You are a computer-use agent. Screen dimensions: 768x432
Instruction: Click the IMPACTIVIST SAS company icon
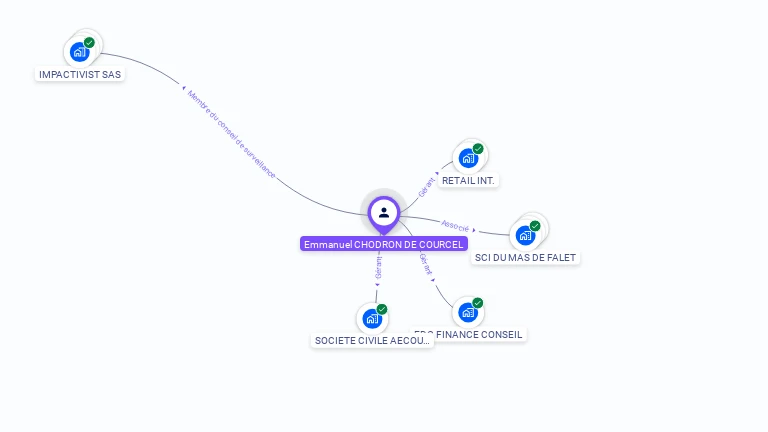[x=80, y=52]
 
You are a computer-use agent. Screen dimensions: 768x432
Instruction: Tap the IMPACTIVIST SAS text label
[x=80, y=74]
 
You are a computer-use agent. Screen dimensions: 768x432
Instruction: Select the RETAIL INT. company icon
[x=468, y=158]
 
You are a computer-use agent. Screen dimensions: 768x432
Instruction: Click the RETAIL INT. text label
[x=469, y=181]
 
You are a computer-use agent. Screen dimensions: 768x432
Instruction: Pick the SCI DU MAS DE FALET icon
[x=525, y=235]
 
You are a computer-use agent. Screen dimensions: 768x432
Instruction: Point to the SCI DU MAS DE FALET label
[x=526, y=257]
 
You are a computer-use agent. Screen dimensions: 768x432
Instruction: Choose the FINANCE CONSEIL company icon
[x=467, y=312]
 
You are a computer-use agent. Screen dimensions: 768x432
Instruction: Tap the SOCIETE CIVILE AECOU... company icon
[x=372, y=319]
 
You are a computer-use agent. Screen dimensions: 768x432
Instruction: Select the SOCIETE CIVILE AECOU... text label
[x=372, y=340]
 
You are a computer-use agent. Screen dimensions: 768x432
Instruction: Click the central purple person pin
[x=384, y=212]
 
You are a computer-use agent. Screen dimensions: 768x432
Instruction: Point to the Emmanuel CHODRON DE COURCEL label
[x=384, y=244]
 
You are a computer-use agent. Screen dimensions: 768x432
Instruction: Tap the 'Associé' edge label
[x=455, y=226]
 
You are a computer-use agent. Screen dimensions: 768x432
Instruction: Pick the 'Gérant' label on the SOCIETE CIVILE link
[x=378, y=267]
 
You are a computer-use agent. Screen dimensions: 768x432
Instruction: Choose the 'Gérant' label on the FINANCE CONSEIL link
[x=426, y=264]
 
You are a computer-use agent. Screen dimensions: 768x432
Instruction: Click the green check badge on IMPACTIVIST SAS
[x=90, y=42]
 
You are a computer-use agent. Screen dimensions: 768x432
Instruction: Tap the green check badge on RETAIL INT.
[x=478, y=148]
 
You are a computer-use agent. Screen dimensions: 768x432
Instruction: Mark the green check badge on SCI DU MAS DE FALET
[x=535, y=225]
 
